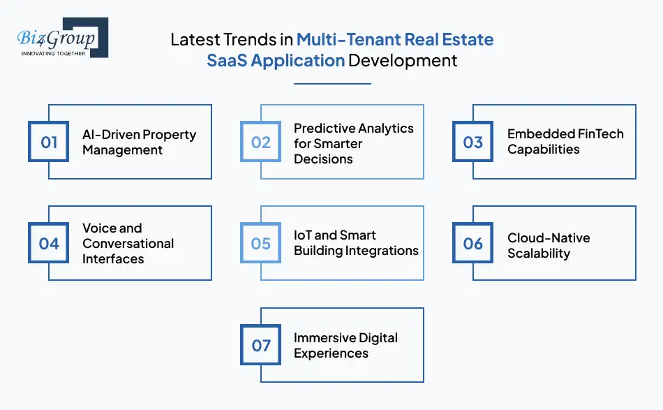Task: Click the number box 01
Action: coord(48,142)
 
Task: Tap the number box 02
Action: coord(260,142)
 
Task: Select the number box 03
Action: coord(472,142)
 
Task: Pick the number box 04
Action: coord(48,243)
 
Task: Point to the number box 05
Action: coord(260,243)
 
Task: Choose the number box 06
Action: coord(472,243)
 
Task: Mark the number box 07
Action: coord(260,345)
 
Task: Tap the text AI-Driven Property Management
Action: coord(139,142)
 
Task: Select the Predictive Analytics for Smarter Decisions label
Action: coord(353,143)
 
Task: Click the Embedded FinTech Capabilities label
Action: coord(565,141)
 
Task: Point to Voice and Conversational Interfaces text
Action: coord(128,243)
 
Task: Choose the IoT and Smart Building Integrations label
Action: coord(356,242)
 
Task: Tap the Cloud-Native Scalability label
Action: coord(548,245)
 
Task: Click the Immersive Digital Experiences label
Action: coord(345,345)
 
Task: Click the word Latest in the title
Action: coord(195,40)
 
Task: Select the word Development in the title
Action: coord(403,60)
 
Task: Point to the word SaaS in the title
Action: coord(227,60)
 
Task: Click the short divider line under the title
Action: coord(332,84)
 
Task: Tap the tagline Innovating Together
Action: coord(54,52)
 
